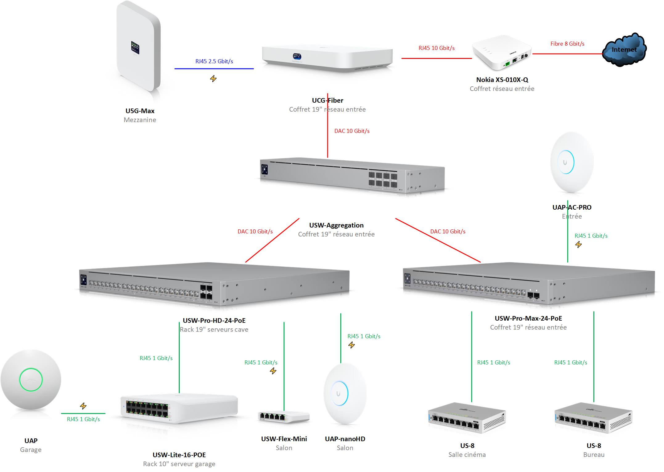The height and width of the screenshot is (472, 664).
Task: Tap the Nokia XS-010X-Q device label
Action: pos(502,80)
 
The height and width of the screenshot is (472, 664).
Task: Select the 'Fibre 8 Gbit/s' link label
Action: pos(567,44)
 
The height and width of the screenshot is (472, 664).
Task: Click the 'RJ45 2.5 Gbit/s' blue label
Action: pos(214,61)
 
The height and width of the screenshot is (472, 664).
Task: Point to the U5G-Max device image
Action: pos(139,48)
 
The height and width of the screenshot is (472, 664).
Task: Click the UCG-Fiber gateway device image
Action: pos(327,58)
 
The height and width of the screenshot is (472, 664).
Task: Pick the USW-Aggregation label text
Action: pos(336,225)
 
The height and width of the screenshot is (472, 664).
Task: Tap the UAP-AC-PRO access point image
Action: pos(572,162)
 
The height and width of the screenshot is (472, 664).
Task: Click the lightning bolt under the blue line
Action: pos(213,79)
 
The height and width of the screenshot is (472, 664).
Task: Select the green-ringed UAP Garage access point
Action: pos(31,380)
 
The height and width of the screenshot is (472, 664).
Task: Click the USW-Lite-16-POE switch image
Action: pos(179,409)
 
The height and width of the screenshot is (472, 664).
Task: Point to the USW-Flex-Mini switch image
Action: pos(284,417)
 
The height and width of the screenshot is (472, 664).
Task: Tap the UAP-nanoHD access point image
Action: pos(345,394)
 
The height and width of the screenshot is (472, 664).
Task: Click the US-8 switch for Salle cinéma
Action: pos(467,418)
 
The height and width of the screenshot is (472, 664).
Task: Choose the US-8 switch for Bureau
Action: pos(593,418)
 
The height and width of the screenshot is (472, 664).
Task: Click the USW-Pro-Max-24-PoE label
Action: pos(528,318)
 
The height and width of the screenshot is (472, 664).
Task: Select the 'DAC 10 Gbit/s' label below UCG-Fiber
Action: pos(352,131)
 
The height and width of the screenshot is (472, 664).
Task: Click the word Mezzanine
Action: pos(140,120)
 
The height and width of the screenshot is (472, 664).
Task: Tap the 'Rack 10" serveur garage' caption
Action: pos(179,464)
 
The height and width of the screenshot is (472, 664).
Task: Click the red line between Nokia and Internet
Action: pos(567,54)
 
